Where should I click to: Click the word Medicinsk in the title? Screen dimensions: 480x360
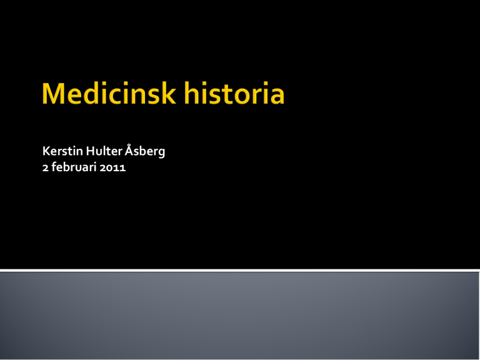point(109,93)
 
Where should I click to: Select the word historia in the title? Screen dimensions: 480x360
point(234,93)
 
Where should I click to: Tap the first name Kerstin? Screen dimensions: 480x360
point(62,151)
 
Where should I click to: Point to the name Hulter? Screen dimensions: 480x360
point(104,151)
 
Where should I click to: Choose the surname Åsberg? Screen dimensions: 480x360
point(145,151)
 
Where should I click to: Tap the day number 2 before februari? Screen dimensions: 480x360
point(45,168)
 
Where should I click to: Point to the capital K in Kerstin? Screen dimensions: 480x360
point(46,151)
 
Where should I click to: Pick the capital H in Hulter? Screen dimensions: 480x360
point(90,151)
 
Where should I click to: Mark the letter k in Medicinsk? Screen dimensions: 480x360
point(168,93)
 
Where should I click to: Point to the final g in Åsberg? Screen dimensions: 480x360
point(161,152)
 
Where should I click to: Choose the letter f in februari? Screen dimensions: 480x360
point(54,167)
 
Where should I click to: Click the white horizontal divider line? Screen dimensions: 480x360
point(240,270)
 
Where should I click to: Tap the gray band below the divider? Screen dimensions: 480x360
point(240,316)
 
